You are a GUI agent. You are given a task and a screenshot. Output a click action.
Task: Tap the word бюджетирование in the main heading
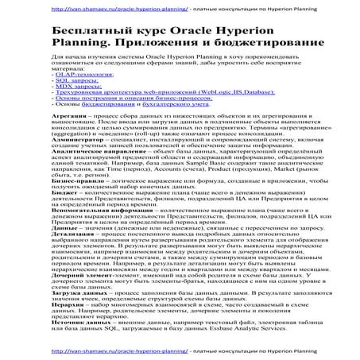pos(250,45)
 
